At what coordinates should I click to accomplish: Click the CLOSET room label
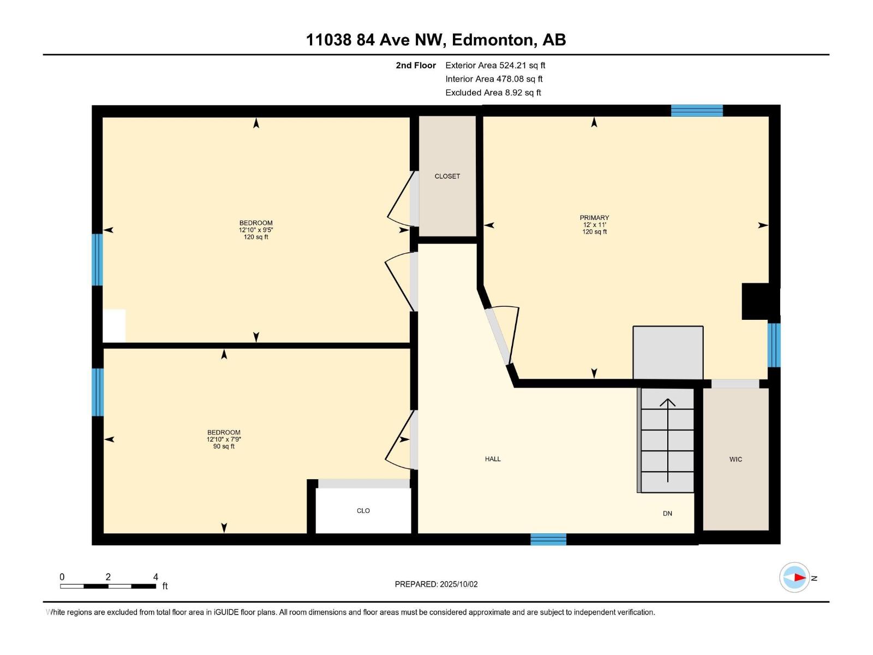coord(447,176)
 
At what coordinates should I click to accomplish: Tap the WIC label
coord(736,460)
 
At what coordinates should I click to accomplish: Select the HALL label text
coord(493,459)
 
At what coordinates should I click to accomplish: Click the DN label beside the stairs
coord(667,514)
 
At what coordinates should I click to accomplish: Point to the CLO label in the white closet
coord(363,511)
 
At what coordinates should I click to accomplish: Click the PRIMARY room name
coord(594,218)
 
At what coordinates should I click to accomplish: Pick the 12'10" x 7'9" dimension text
coord(224,439)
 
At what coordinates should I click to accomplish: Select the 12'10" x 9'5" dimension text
coord(255,230)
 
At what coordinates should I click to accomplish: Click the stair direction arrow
coord(668,440)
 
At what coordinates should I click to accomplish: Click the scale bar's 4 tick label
coord(156,577)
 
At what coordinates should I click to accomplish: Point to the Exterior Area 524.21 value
coord(522,65)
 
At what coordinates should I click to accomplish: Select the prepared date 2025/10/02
coord(458,584)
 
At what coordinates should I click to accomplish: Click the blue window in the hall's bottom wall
coord(548,539)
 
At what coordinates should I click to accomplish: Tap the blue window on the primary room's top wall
coord(697,111)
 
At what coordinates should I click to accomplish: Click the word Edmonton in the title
coord(492,40)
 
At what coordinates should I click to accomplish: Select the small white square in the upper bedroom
coord(114,326)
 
